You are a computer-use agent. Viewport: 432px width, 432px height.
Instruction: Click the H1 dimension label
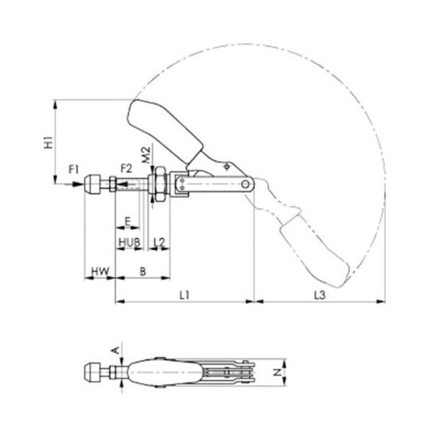pos(49,142)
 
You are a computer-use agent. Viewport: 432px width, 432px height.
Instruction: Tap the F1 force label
pos(73,169)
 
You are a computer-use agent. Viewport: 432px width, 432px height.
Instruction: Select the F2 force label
pos(127,168)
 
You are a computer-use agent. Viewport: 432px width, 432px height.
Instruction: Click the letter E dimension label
pos(127,221)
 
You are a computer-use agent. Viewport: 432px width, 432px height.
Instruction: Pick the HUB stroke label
pos(129,243)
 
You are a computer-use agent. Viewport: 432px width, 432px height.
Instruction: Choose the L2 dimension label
pos(159,243)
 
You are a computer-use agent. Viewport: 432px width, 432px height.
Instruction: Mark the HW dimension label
pos(100,271)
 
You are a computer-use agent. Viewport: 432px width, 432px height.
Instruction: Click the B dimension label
pos(143,271)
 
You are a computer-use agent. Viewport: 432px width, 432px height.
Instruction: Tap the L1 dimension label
pos(184,295)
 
